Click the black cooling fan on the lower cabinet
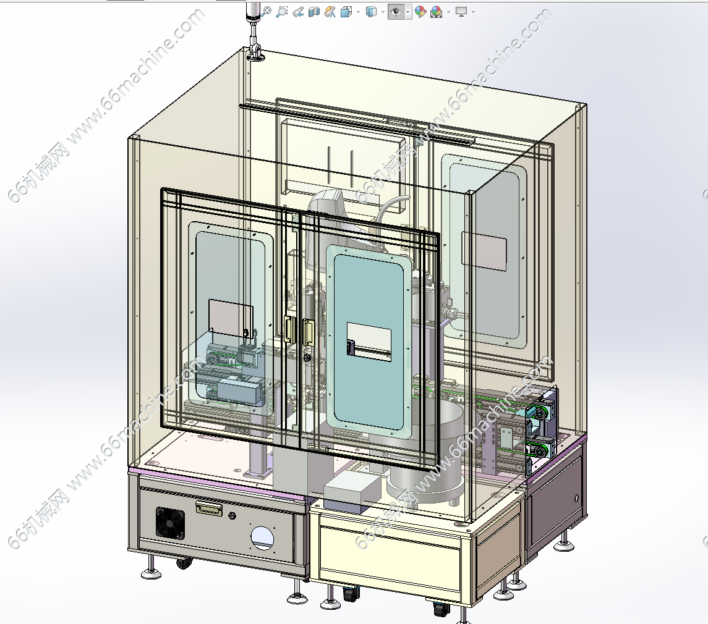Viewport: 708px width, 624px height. (170, 523)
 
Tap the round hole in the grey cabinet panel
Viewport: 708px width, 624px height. (262, 538)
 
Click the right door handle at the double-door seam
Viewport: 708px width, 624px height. (309, 332)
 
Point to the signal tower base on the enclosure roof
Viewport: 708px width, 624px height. (255, 56)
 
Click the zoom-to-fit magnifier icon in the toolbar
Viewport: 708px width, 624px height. (267, 11)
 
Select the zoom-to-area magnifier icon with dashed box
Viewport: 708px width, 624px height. (282, 11)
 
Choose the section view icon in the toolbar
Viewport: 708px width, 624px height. (313, 12)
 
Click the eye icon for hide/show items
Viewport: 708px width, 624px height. (396, 12)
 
